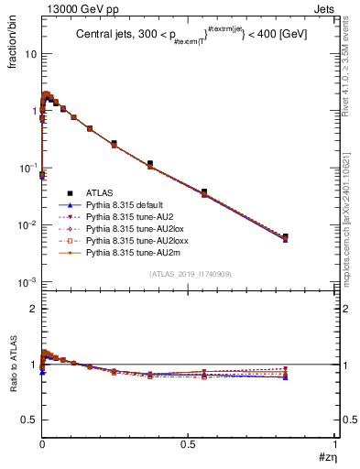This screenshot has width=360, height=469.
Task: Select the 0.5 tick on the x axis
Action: pos(189,443)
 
